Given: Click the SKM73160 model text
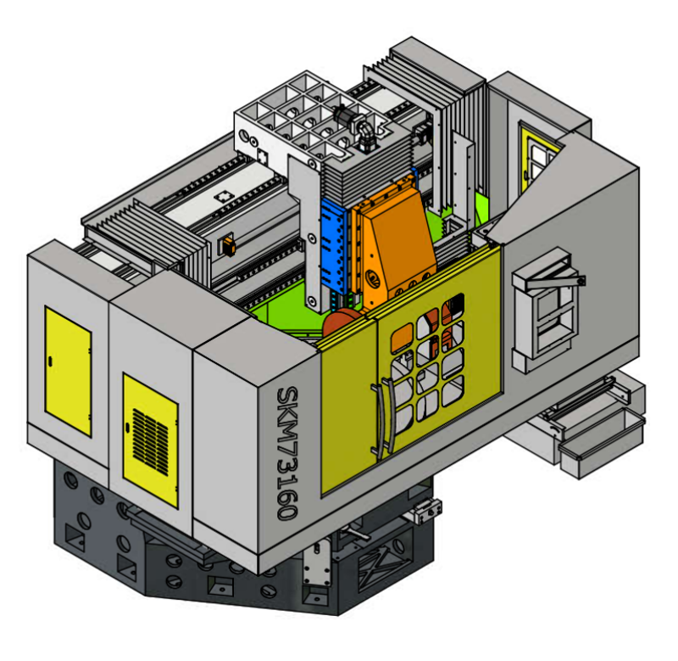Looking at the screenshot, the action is [x=287, y=453].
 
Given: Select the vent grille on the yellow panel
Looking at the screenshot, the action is [x=150, y=440].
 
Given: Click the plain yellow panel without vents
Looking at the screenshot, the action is [x=68, y=372].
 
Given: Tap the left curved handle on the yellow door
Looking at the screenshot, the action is [x=378, y=421].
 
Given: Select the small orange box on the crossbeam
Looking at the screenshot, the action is [x=227, y=245].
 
